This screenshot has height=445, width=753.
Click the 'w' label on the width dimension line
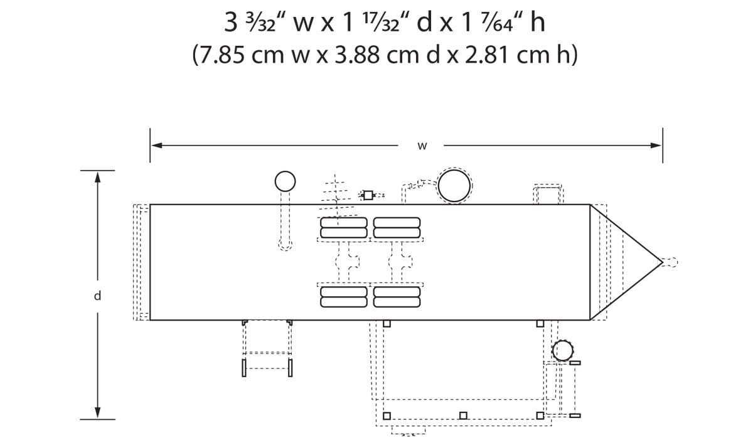click(x=422, y=146)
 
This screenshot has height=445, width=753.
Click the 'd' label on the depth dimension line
click(x=97, y=296)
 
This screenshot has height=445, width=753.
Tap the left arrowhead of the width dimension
click(x=157, y=146)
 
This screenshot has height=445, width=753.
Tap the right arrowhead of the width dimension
click(x=656, y=146)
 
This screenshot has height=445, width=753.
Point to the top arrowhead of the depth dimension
click(x=97, y=177)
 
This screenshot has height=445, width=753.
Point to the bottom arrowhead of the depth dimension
click(x=97, y=412)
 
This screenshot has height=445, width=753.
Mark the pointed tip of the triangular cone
click(x=662, y=262)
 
